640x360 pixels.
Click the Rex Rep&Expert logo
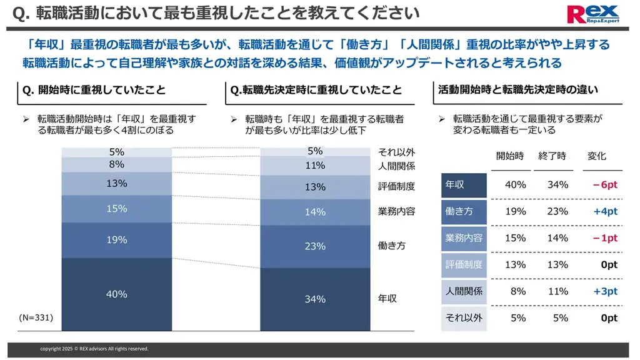pyautogui.click(x=592, y=13)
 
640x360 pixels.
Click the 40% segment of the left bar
pyautogui.click(x=116, y=294)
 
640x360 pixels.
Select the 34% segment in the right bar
pyautogui.click(x=315, y=299)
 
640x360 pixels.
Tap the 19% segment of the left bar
pyautogui.click(x=116, y=240)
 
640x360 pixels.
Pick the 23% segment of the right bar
pyautogui.click(x=315, y=246)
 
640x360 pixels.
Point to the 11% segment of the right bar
pyautogui.click(x=315, y=166)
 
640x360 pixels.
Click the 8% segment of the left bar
pyautogui.click(x=116, y=164)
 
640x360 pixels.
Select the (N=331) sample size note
pyautogui.click(x=36, y=318)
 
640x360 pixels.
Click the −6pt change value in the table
pyautogui.click(x=604, y=185)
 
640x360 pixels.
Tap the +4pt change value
pyautogui.click(x=606, y=211)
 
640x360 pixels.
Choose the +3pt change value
pyautogui.click(x=606, y=291)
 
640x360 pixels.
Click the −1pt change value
pyautogui.click(x=604, y=238)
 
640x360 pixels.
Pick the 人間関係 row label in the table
pyautogui.click(x=464, y=291)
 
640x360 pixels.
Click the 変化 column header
pyautogui.click(x=597, y=156)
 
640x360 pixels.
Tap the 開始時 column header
pyautogui.click(x=509, y=156)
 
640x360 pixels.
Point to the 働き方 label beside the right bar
pyautogui.click(x=392, y=246)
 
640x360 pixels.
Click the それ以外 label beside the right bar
pyautogui.click(x=396, y=152)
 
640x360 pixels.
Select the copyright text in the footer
pyautogui.click(x=94, y=349)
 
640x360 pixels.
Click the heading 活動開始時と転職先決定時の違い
pyautogui.click(x=518, y=90)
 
